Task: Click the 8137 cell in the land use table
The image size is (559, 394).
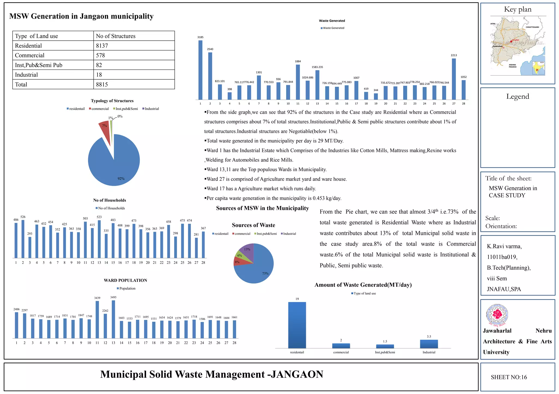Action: [102, 46]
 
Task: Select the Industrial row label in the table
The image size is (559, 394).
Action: [26, 75]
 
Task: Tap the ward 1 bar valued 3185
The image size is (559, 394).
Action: [200, 70]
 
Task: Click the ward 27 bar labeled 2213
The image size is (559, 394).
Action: [454, 79]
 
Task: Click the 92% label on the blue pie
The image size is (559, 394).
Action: [121, 178]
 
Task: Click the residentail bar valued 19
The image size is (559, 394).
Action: [297, 325]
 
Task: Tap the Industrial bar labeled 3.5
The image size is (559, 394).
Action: [429, 344]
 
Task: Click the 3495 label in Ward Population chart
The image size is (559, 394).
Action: [113, 297]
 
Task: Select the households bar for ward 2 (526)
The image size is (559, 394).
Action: [23, 239]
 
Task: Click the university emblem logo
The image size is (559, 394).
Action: [497, 315]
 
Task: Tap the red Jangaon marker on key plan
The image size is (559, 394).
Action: [511, 41]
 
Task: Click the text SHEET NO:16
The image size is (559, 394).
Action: [509, 377]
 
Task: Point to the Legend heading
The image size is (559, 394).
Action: [518, 96]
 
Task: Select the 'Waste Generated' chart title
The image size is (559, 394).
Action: [332, 21]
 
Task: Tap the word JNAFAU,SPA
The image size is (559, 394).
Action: [504, 289]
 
